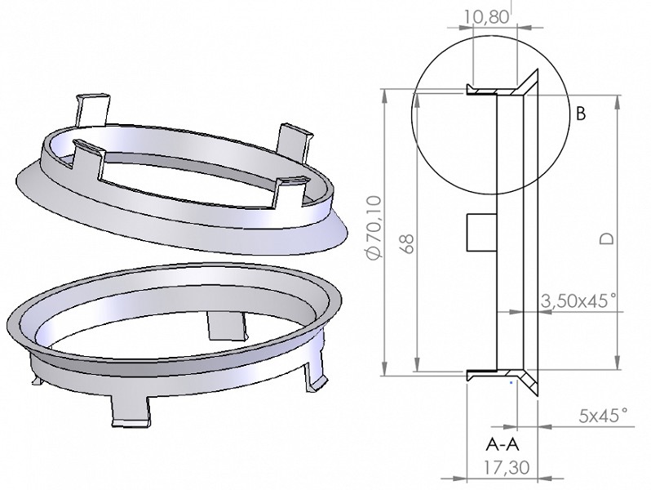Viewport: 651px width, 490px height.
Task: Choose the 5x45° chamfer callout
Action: point(604,416)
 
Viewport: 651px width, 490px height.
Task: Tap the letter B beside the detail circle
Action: point(581,114)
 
